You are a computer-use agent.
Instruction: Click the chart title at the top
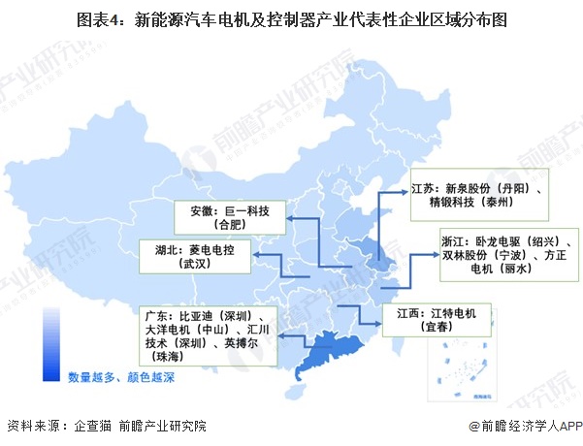(291, 18)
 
